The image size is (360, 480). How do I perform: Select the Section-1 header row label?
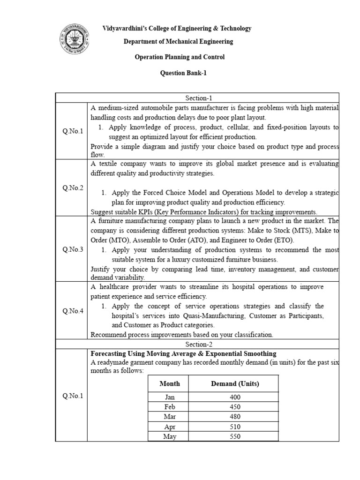click(x=198, y=98)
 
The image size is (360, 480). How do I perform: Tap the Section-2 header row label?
click(x=198, y=344)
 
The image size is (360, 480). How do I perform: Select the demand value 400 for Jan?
click(x=235, y=397)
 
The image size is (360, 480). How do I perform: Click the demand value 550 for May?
click(x=235, y=436)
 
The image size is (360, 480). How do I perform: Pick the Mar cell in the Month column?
click(x=169, y=417)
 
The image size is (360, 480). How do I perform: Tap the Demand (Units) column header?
click(x=235, y=383)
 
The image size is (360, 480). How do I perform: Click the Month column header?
click(x=169, y=383)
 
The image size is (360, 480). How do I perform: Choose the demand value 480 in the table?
click(x=235, y=417)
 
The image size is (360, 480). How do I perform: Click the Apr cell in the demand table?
click(x=169, y=427)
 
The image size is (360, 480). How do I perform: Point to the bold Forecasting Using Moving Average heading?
click(x=183, y=353)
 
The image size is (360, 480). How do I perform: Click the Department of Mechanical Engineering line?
click(x=178, y=42)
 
